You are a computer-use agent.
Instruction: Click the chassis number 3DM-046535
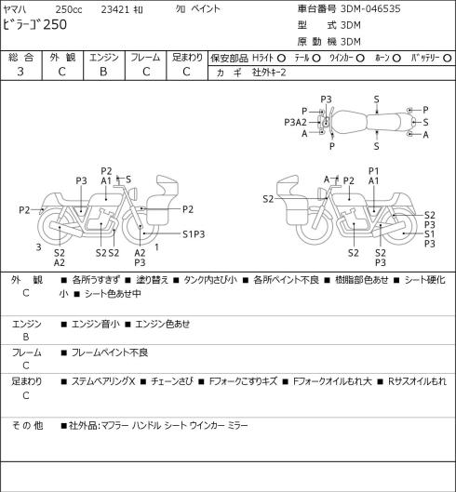(x=370, y=8)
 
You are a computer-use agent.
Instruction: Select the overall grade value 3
(x=20, y=72)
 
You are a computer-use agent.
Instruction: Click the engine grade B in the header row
(x=103, y=72)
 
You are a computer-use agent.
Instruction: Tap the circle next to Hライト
(x=281, y=59)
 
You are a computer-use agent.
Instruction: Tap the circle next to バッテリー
(x=448, y=59)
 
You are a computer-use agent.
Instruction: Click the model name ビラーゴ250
(x=34, y=25)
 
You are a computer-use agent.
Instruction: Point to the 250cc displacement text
(x=69, y=9)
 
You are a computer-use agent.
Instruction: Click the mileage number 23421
(x=115, y=9)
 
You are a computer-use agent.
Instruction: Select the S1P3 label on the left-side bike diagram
(x=194, y=234)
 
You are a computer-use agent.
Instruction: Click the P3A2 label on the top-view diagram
(x=295, y=122)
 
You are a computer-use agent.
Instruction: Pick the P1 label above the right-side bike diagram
(x=373, y=171)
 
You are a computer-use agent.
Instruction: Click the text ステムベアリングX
(x=103, y=381)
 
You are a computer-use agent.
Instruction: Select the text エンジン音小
(x=96, y=324)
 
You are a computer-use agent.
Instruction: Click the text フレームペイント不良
(x=110, y=352)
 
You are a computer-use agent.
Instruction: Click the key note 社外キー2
(x=269, y=73)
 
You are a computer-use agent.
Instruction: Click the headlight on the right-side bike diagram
(x=322, y=193)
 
